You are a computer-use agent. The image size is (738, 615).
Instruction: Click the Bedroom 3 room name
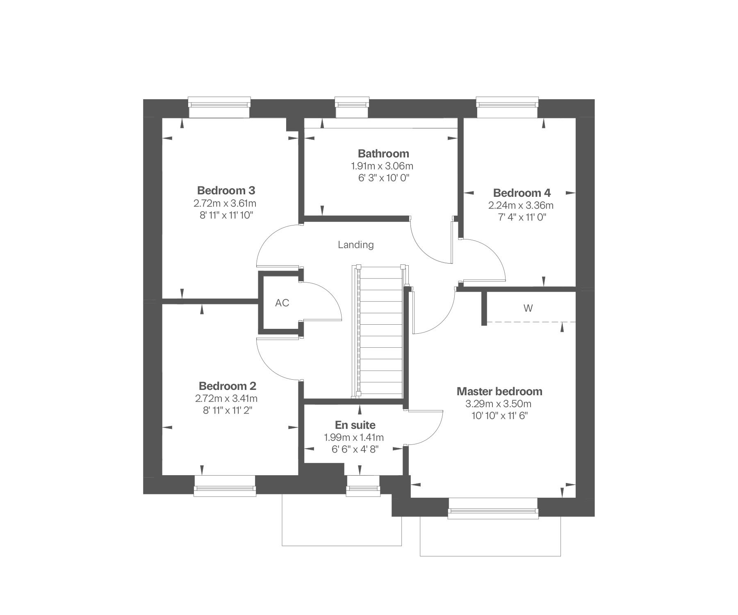pos(226,191)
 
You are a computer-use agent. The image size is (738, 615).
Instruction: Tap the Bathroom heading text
pos(383,154)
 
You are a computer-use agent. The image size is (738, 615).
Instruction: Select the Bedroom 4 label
pos(522,193)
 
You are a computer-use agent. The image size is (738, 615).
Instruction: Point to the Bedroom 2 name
pos(228,386)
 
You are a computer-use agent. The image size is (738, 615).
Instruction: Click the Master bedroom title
pos(499,392)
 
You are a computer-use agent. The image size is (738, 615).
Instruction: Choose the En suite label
pos(355,425)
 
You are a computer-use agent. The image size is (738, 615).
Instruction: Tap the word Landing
pos(356,245)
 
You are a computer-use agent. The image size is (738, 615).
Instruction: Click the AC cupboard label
pos(282,303)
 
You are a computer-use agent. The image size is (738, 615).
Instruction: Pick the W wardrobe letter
pos(528,308)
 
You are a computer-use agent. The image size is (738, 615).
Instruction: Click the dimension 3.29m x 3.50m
pos(498,404)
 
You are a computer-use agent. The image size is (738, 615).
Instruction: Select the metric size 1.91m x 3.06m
pos(382,166)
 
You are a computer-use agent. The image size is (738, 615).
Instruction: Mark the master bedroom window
pos(493,508)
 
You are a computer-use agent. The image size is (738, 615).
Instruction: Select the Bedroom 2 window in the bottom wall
pos(225,486)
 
